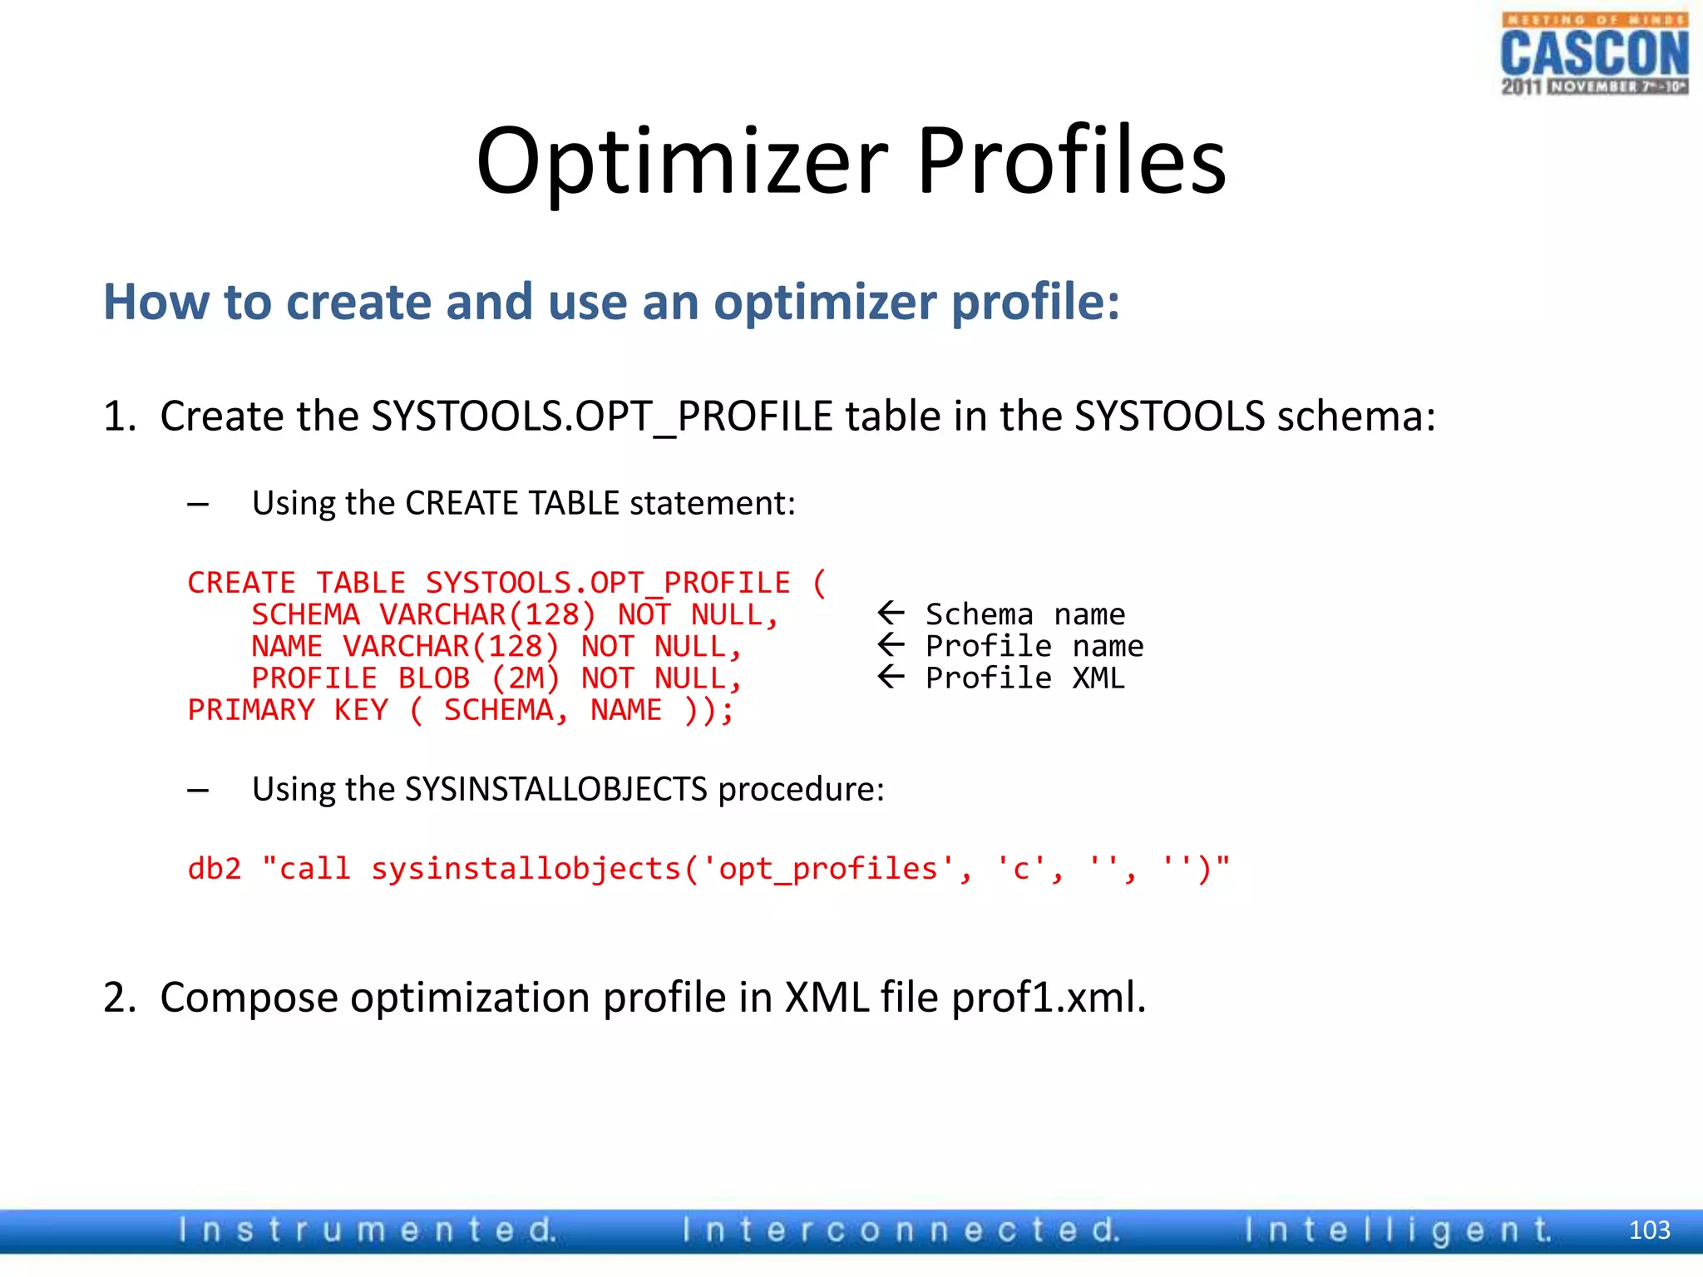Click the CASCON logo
(x=1594, y=54)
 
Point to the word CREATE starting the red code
(x=241, y=583)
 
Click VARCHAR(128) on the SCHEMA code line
(x=487, y=615)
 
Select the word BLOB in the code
(x=434, y=678)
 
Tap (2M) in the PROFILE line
(x=526, y=678)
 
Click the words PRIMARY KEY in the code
(x=288, y=710)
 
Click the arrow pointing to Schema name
(x=891, y=614)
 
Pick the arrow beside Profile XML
(x=891, y=677)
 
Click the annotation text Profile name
(x=1034, y=646)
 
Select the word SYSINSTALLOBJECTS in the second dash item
(x=555, y=789)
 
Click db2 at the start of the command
(x=215, y=869)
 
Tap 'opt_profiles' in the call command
(x=828, y=869)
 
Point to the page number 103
(x=1649, y=1230)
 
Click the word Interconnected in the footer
(x=901, y=1230)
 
